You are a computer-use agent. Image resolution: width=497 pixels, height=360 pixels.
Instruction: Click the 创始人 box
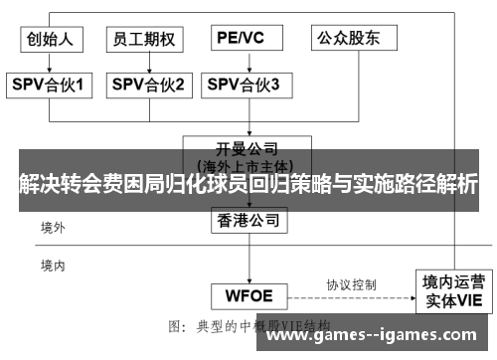(x=53, y=39)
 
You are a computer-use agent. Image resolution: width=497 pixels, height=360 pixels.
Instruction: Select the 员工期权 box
(x=145, y=39)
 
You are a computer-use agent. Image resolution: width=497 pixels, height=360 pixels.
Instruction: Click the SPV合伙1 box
(x=53, y=86)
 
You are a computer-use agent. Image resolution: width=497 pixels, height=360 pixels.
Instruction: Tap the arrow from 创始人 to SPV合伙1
(x=53, y=62)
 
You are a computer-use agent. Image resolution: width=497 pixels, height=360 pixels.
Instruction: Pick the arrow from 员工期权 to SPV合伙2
(x=146, y=62)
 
